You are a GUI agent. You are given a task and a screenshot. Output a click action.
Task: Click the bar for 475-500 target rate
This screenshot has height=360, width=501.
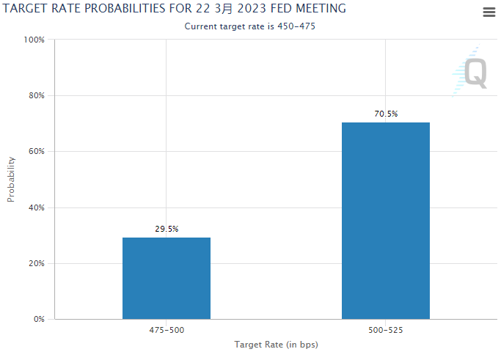tap(167, 278)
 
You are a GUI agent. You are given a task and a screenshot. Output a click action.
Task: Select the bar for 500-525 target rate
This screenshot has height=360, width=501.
tap(386, 220)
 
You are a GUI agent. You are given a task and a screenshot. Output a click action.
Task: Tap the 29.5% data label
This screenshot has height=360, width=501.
tap(167, 229)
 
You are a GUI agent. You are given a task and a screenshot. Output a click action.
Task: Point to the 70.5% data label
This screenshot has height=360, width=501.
tap(386, 114)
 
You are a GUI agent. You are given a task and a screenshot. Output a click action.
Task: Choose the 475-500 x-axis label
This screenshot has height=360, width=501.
tap(167, 331)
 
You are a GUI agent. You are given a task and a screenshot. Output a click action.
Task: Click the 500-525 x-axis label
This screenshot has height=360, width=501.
tap(386, 331)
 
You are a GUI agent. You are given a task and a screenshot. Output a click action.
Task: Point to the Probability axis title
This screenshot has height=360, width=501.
tap(11, 179)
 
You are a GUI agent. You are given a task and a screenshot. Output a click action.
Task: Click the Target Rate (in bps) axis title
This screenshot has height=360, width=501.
tap(276, 345)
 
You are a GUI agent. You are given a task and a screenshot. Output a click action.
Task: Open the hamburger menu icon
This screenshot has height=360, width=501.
tap(489, 12)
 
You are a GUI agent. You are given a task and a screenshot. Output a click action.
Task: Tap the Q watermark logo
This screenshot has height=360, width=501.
tap(474, 73)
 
